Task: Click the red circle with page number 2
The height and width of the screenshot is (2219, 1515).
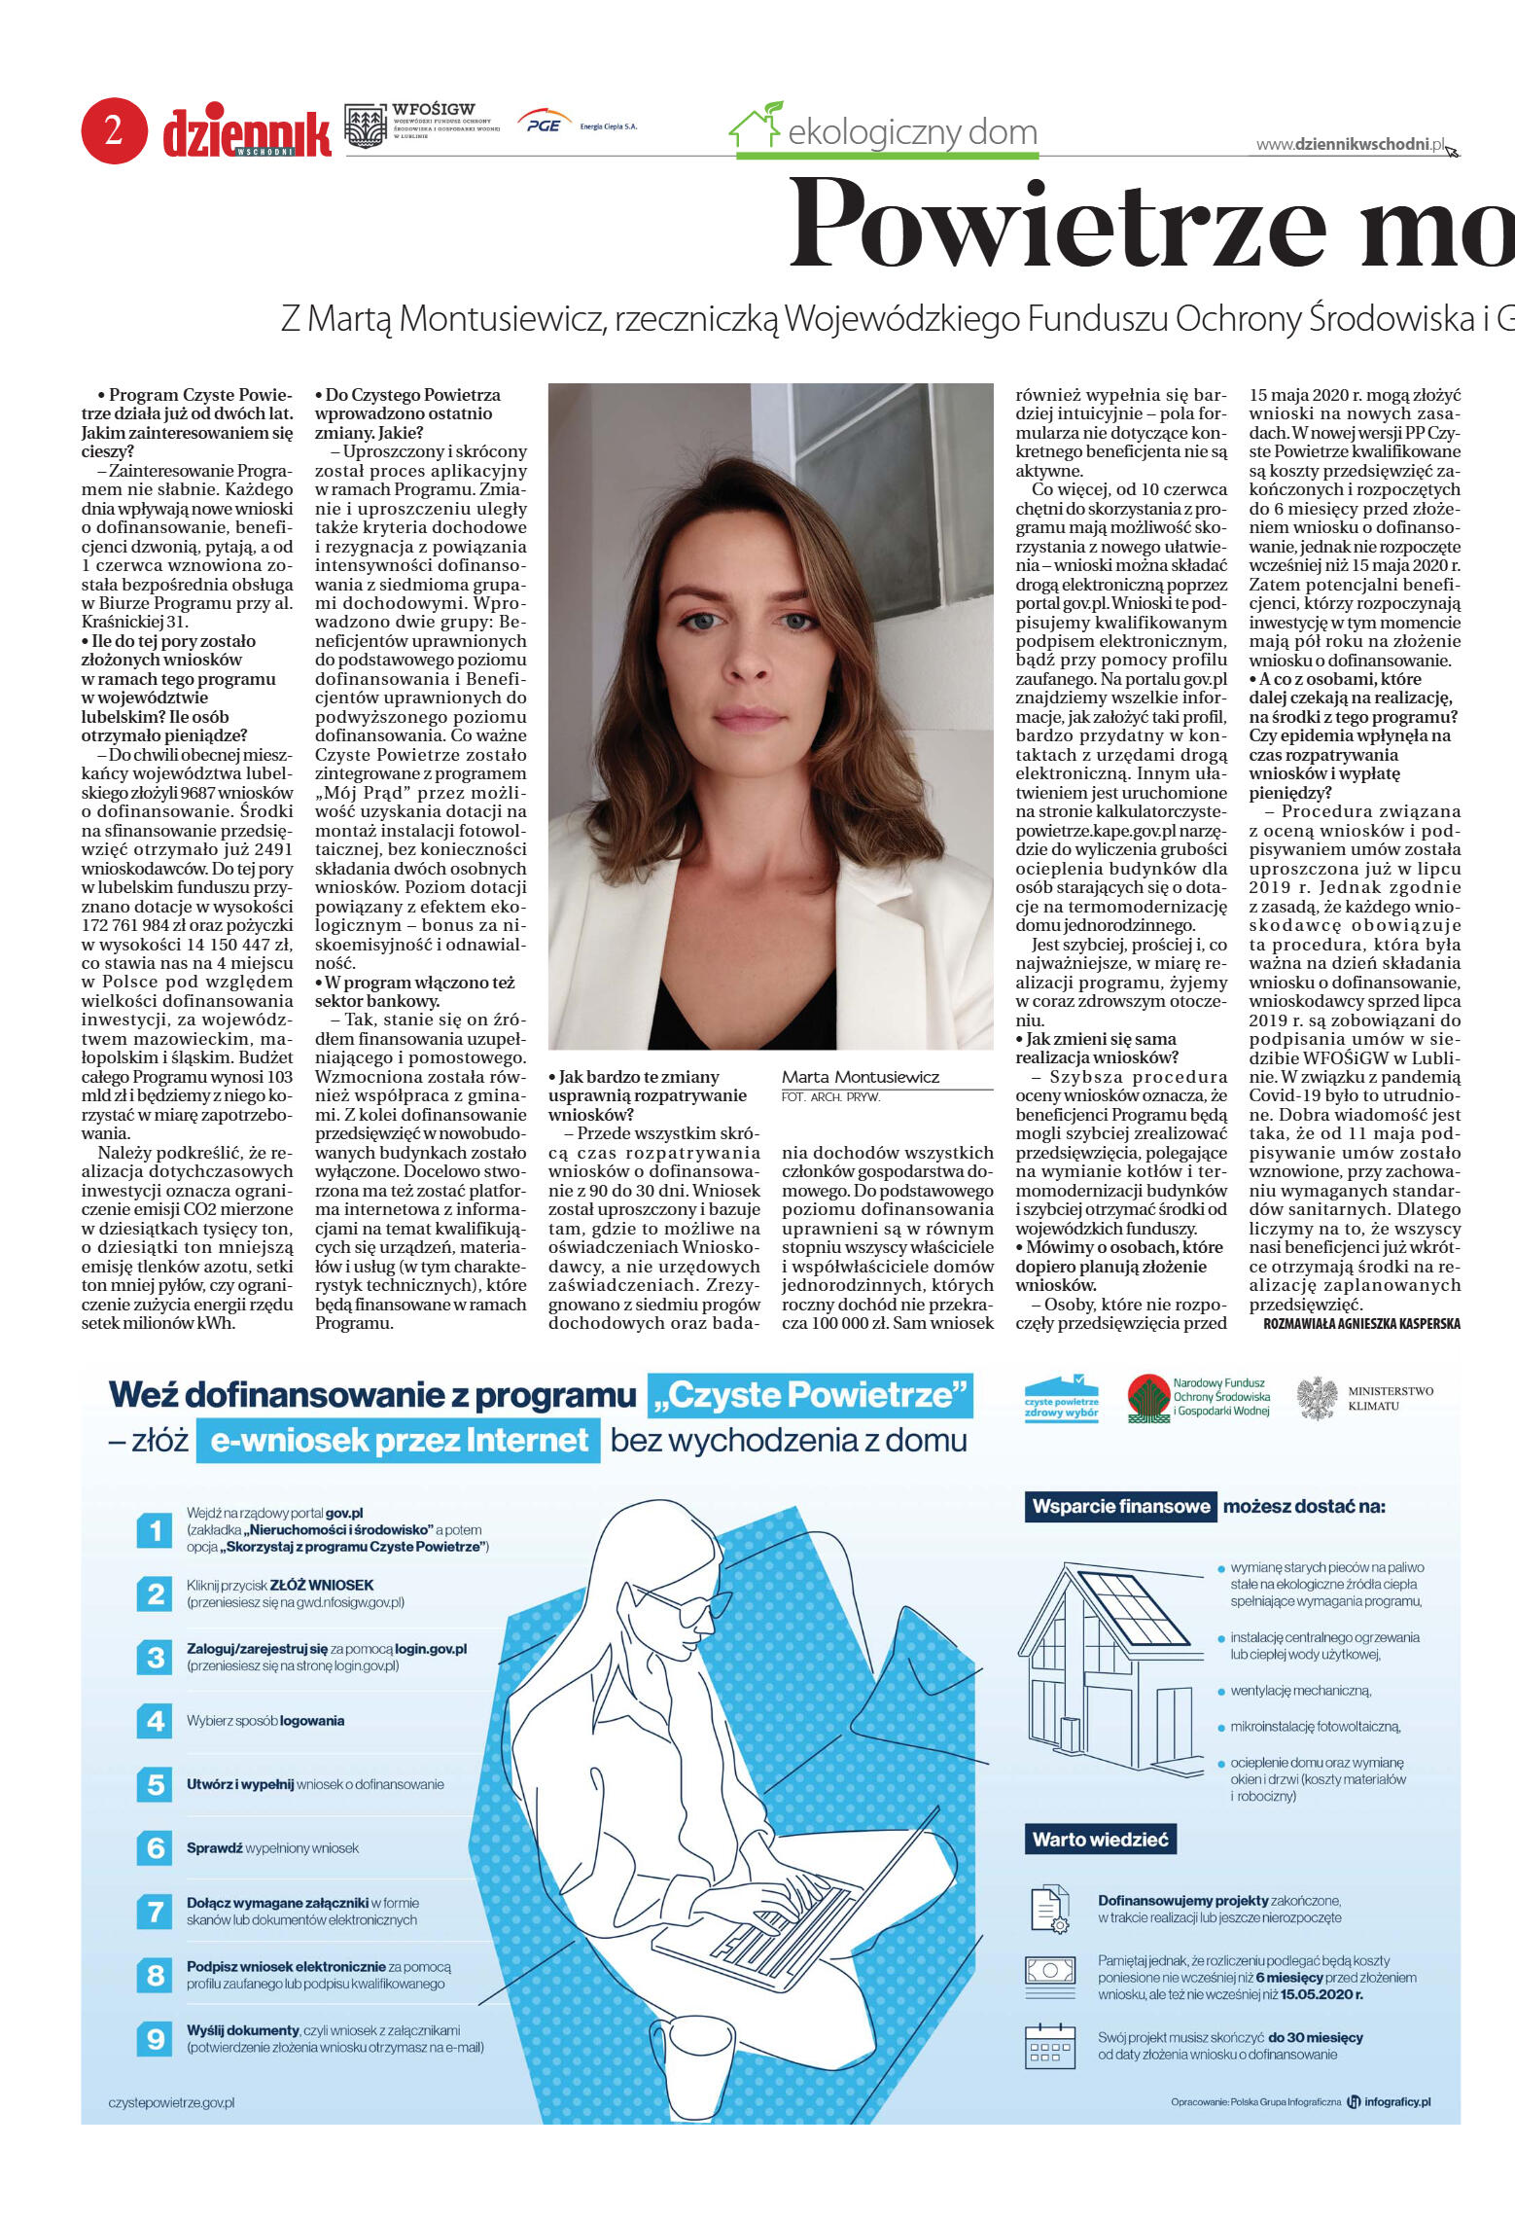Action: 114,130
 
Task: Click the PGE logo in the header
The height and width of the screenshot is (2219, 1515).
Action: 544,124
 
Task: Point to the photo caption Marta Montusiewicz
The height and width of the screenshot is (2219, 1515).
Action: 861,1077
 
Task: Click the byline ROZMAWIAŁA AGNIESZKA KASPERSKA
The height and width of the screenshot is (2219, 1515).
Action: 1361,1323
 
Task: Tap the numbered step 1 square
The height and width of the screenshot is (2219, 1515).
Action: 156,1530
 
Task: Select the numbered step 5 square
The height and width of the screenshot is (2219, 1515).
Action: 156,1784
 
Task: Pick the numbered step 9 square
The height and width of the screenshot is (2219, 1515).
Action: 156,2038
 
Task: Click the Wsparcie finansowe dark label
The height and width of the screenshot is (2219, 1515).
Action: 1120,1507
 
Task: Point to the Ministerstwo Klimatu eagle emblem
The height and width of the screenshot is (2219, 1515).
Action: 1317,1398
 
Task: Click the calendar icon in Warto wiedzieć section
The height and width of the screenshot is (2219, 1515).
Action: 1049,2045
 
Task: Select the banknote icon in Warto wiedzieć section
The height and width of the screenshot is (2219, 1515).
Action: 1049,1971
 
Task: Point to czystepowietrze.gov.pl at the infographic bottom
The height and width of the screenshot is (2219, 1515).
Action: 171,2102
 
